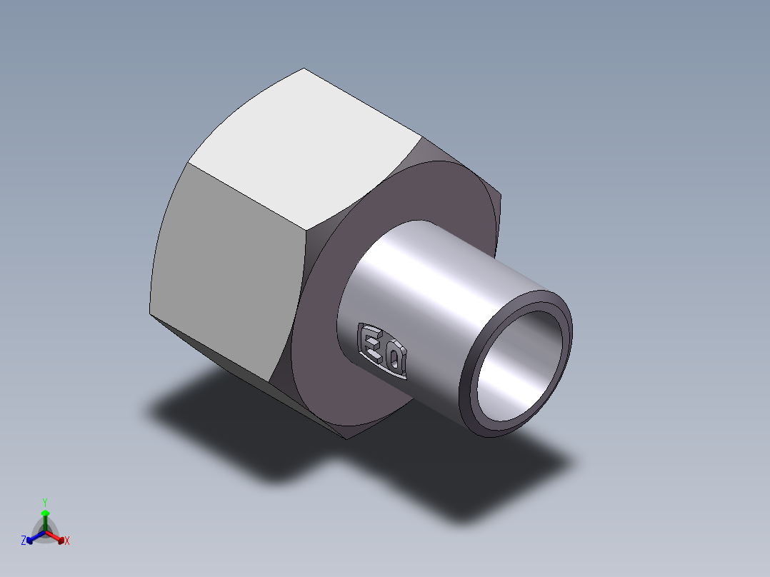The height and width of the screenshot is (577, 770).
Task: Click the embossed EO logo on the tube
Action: click(x=382, y=351)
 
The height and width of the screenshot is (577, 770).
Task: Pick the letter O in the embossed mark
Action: click(x=394, y=358)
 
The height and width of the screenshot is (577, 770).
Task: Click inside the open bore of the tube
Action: click(x=518, y=363)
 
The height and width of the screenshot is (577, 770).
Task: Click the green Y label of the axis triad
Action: click(x=45, y=502)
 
